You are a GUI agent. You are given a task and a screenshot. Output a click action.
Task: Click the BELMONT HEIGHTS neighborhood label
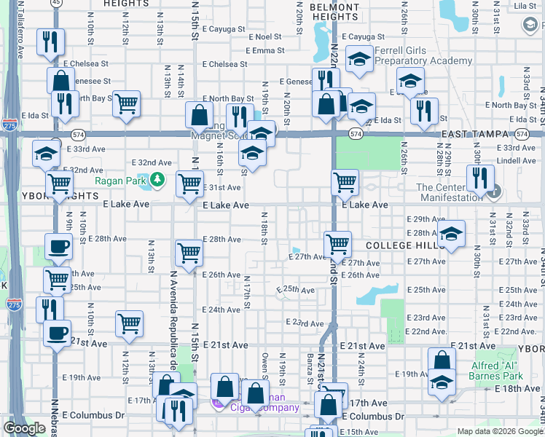click(x=334, y=11)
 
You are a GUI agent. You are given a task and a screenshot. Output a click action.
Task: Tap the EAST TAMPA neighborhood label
click(x=477, y=135)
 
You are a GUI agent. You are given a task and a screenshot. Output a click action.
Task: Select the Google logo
click(x=24, y=428)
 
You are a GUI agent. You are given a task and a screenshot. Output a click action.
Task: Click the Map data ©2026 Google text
click(x=499, y=431)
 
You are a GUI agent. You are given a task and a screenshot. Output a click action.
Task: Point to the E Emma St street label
click(x=265, y=50)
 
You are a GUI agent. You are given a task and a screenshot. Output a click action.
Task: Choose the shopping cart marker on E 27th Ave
click(x=338, y=245)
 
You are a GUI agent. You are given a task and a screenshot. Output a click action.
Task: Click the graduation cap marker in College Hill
click(x=451, y=234)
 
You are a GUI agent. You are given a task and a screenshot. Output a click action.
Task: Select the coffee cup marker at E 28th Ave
click(x=58, y=246)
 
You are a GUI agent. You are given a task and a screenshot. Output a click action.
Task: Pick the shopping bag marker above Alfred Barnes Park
click(x=442, y=361)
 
